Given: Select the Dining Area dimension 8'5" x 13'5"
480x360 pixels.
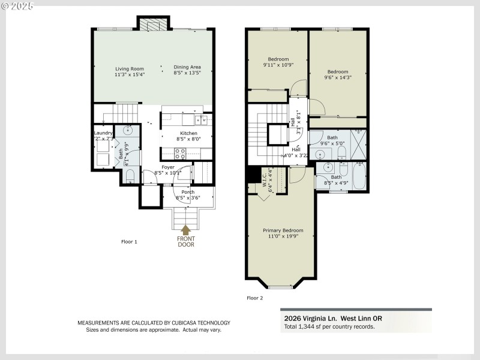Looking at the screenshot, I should tap(187, 74).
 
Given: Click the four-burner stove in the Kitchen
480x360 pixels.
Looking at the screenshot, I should tap(179, 153).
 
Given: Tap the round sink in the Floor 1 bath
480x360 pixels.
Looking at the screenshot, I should tap(128, 130).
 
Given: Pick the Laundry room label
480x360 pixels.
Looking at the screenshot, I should tap(103, 133).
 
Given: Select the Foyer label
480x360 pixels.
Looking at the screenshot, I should tap(167, 167).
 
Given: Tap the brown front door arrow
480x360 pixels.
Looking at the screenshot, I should tap(186, 230).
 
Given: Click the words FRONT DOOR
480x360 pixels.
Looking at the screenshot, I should tap(186, 242).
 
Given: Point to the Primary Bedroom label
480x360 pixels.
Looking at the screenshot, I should tap(283, 230).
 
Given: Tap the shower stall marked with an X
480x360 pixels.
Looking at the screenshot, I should tap(359, 145).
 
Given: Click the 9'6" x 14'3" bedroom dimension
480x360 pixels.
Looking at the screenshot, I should tap(338, 77).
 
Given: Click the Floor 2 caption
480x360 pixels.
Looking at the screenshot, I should tap(254, 298).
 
